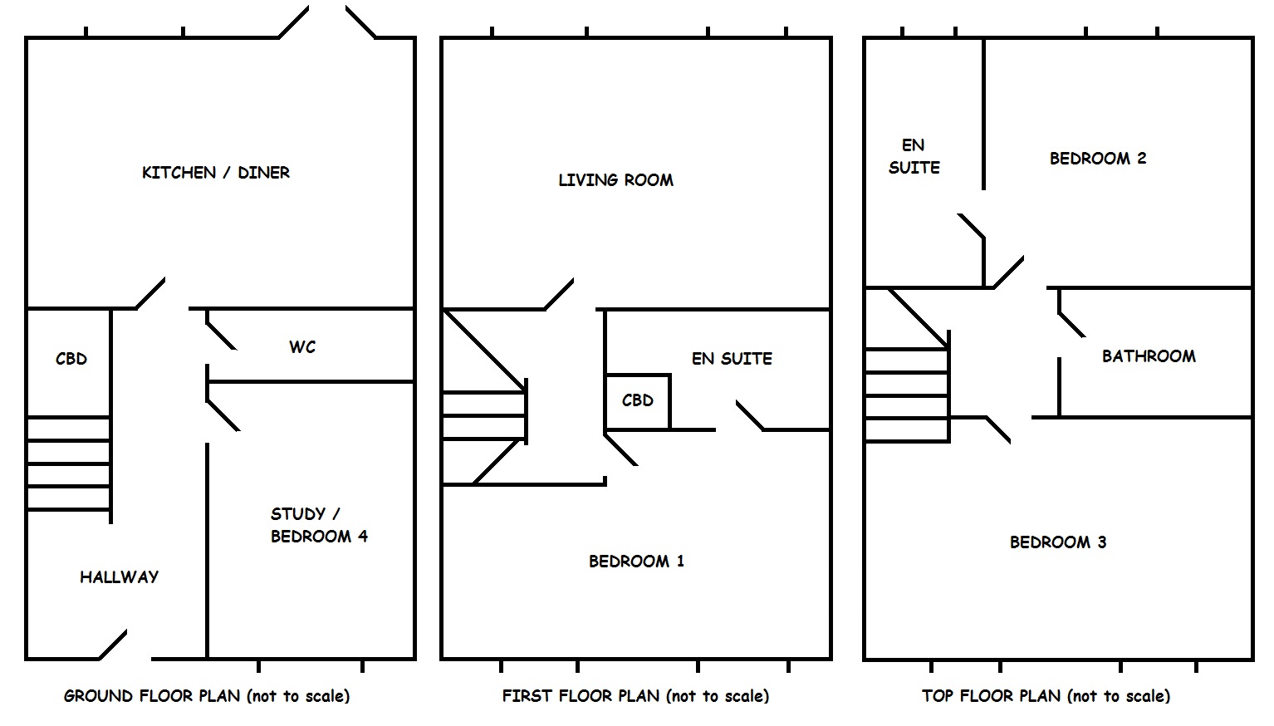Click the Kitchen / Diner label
(216, 173)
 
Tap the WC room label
(302, 347)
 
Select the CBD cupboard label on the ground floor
(71, 359)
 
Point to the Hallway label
(119, 576)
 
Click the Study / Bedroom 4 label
(319, 525)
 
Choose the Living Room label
(615, 179)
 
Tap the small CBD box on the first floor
(637, 401)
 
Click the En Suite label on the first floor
(732, 359)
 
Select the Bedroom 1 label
(636, 562)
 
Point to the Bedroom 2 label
(1097, 158)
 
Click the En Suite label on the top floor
(914, 156)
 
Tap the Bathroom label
(1149, 356)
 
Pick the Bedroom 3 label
(1057, 542)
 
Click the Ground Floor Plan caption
(207, 696)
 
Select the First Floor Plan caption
(635, 696)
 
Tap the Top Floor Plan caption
(1046, 696)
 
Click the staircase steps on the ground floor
(69, 464)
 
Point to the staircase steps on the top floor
(907, 395)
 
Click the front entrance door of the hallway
(113, 645)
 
